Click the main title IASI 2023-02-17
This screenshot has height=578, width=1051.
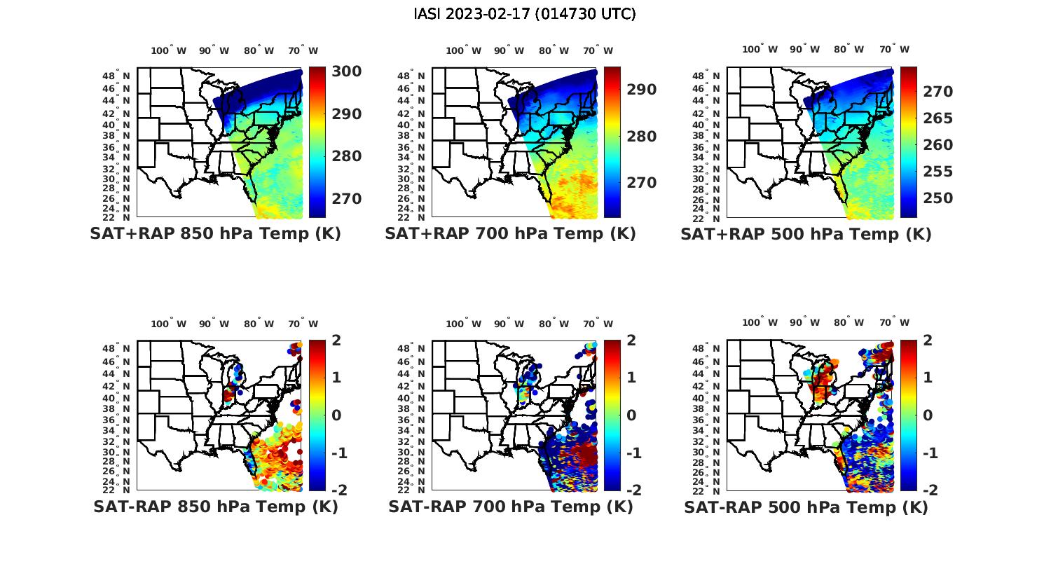525,14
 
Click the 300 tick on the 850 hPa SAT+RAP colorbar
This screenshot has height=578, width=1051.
347,71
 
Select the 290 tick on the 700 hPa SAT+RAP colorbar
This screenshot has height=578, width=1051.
641,90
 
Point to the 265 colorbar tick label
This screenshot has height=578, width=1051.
937,118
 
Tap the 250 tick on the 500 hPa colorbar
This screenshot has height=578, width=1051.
937,198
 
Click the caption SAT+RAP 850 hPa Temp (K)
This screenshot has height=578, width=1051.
215,233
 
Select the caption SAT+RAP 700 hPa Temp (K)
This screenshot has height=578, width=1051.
510,233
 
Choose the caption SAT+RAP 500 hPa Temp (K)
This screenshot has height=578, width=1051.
806,234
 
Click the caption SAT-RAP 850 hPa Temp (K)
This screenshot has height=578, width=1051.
215,507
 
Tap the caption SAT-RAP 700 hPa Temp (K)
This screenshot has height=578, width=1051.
510,507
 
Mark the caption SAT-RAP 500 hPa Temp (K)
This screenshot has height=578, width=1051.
806,507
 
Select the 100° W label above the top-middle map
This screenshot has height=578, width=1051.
463,50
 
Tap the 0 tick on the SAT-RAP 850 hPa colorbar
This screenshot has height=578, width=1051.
336,415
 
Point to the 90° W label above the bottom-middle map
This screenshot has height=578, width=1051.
509,324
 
